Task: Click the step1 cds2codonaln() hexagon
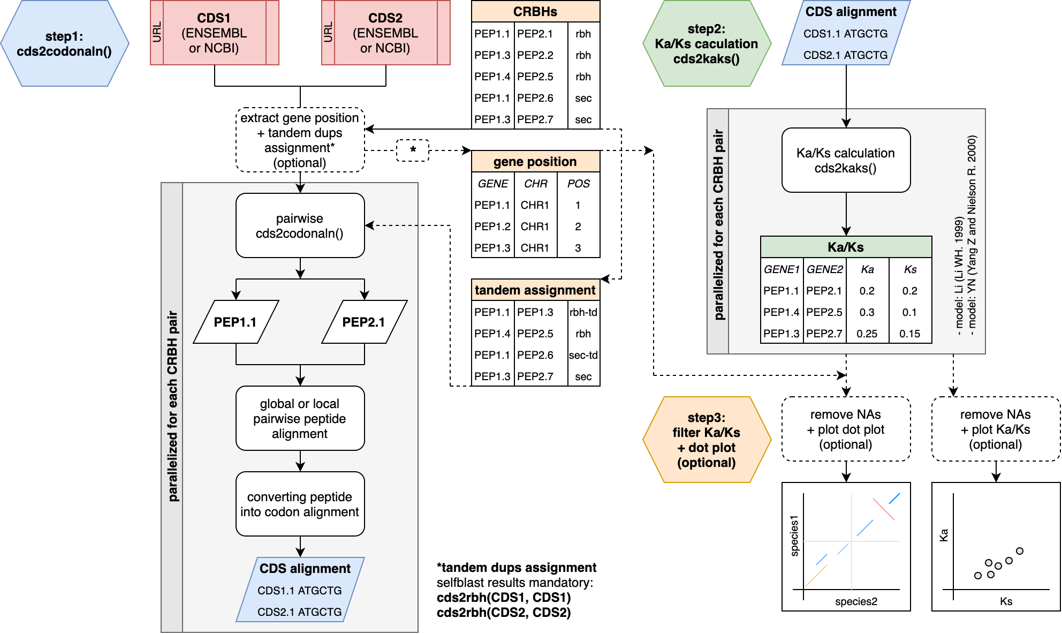[64, 44]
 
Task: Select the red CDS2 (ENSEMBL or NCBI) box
[385, 33]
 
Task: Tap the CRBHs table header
[535, 12]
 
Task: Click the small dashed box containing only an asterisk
[413, 150]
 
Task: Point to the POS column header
[579, 184]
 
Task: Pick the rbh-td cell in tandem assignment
[583, 312]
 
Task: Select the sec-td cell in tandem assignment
[583, 355]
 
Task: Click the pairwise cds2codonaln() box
[300, 226]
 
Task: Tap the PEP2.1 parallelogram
[364, 322]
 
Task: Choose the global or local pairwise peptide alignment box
[300, 419]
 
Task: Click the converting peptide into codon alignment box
[300, 504]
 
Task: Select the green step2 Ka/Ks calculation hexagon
[707, 44]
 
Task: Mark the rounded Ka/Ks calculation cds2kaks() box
[846, 161]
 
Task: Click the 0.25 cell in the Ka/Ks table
[867, 334]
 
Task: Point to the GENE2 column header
[825, 269]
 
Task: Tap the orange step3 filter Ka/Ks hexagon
[707, 440]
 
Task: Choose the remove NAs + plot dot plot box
[846, 429]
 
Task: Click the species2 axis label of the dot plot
[856, 601]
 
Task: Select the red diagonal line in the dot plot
[884, 509]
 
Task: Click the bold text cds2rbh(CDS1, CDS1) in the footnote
[504, 598]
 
